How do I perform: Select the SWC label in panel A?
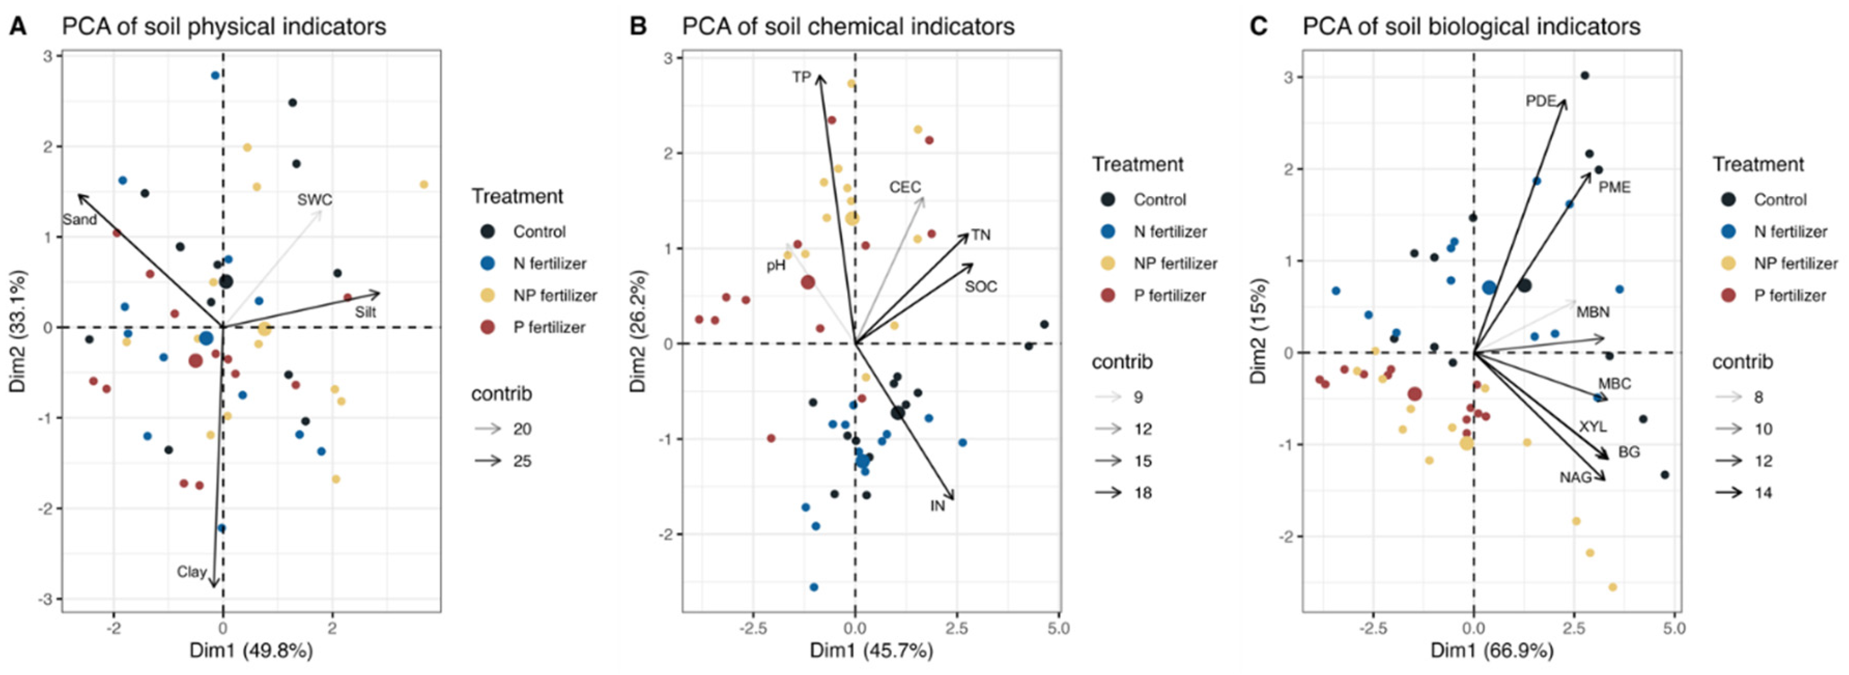(315, 199)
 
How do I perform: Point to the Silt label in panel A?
(365, 312)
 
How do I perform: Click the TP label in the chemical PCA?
(802, 77)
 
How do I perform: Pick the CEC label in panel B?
(904, 187)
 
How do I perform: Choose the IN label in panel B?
(937, 505)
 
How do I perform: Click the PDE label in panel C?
(1541, 101)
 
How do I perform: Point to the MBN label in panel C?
(1593, 312)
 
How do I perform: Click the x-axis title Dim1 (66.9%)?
(1492, 651)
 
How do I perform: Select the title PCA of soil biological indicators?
(1472, 26)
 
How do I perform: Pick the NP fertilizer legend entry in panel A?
(554, 295)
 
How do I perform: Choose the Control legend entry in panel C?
(1780, 199)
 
